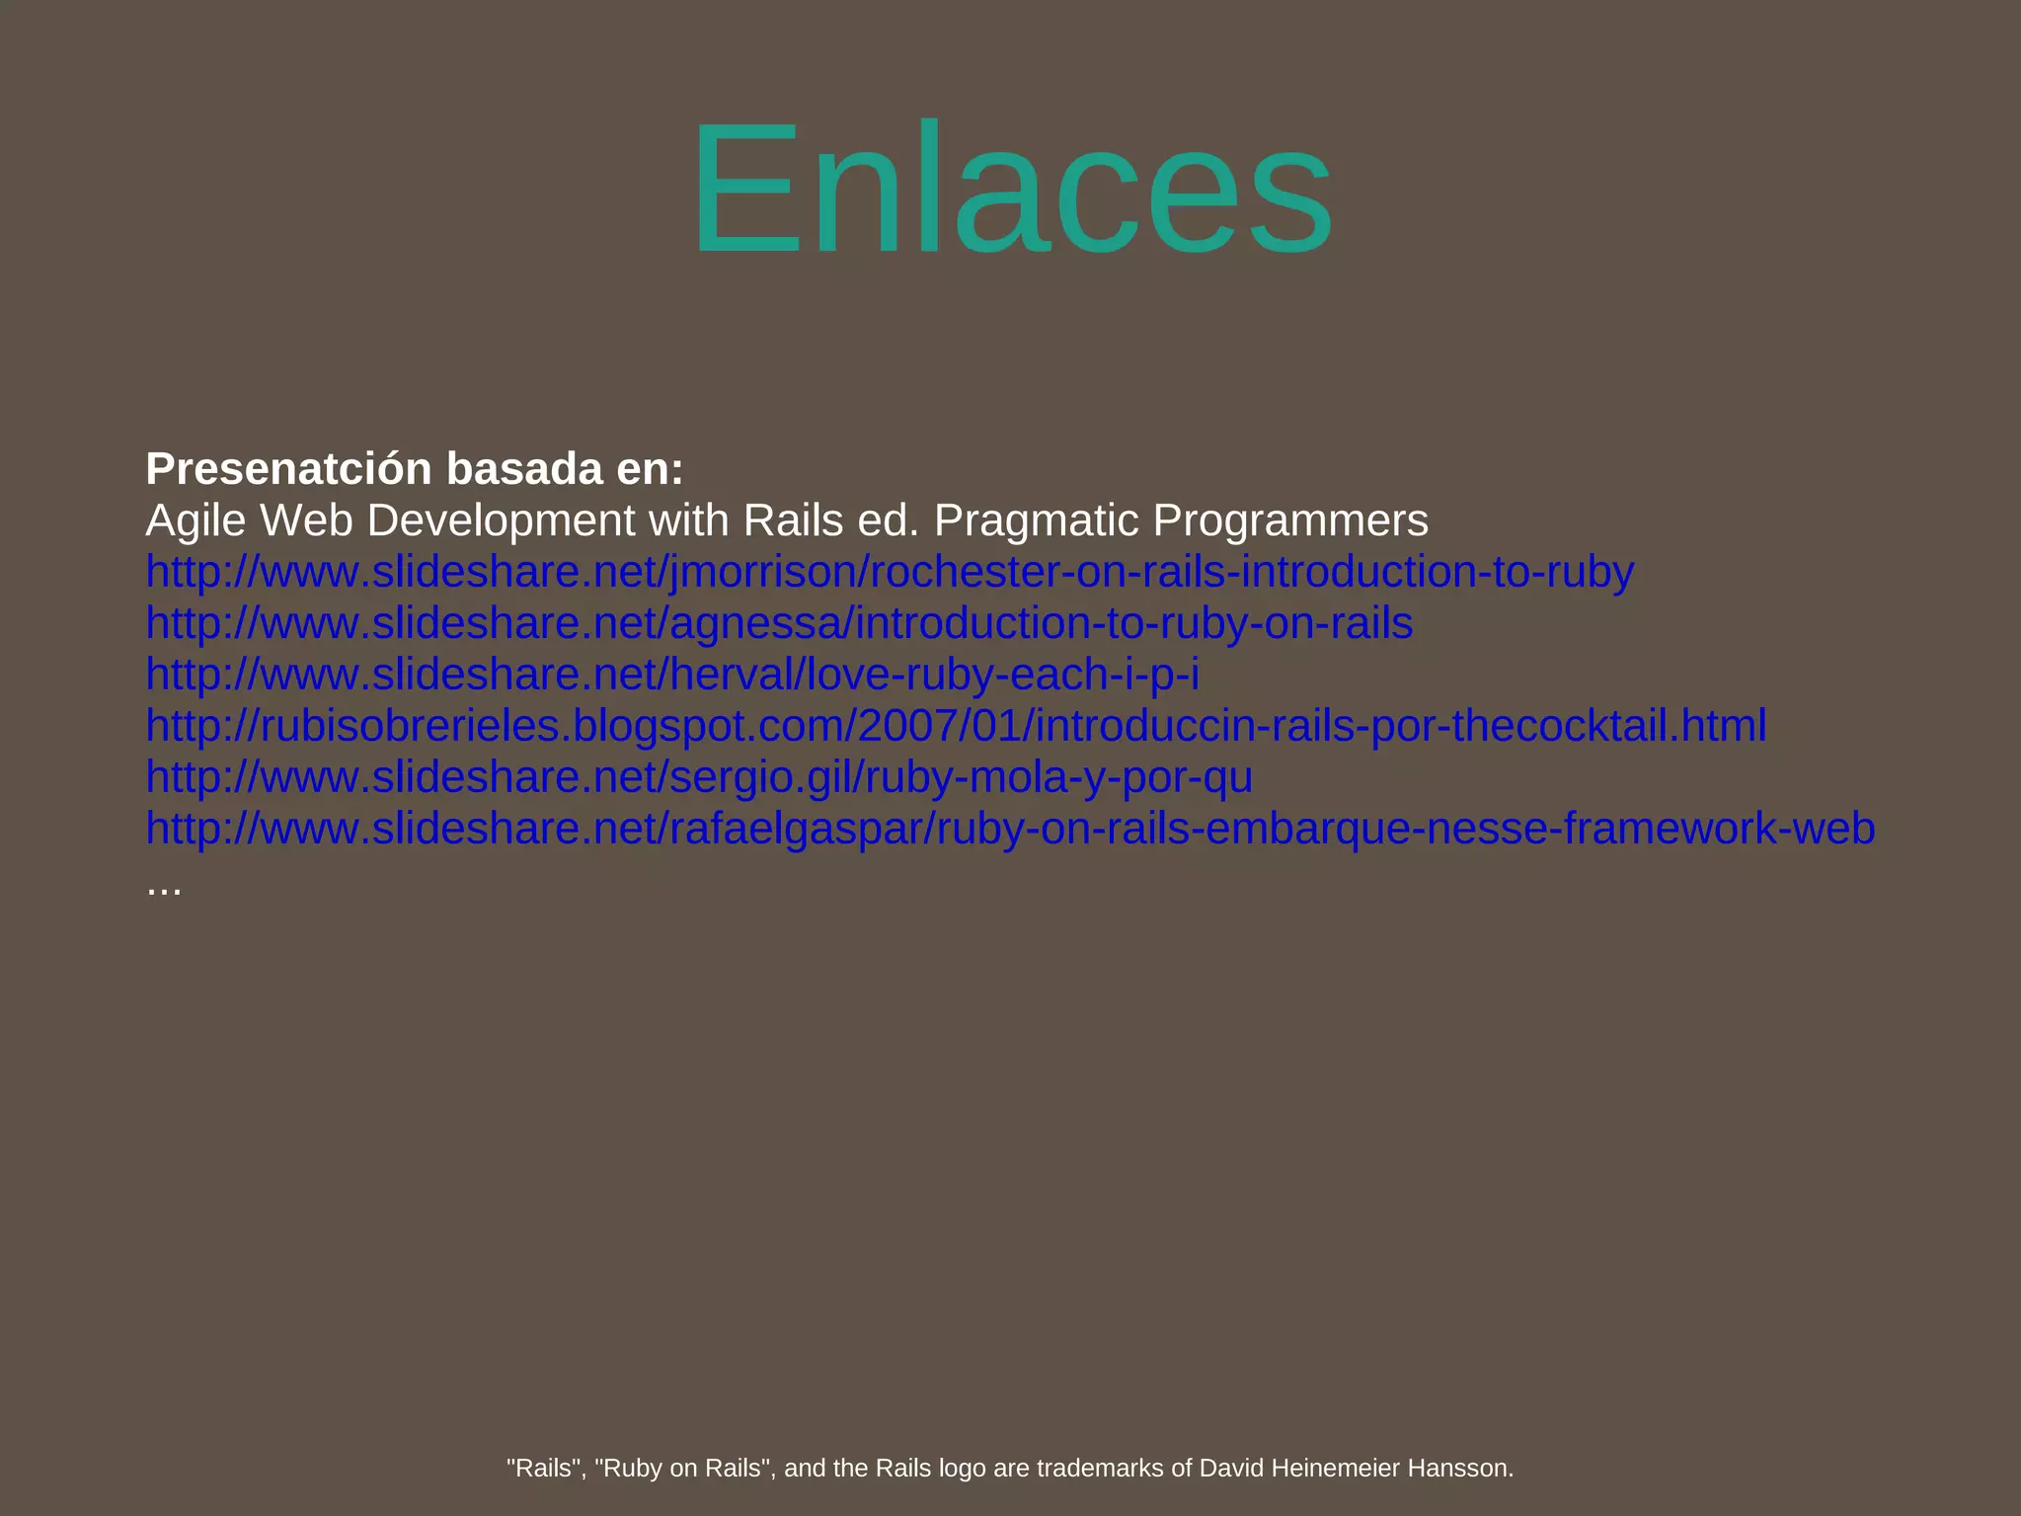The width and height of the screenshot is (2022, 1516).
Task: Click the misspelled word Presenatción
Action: [x=288, y=469]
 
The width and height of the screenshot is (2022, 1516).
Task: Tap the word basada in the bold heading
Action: [x=524, y=469]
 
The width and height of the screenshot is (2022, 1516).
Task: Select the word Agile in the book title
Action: [x=195, y=520]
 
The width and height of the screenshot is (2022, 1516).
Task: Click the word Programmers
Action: [x=1290, y=520]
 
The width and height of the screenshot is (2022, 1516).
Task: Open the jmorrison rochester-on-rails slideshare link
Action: [x=889, y=572]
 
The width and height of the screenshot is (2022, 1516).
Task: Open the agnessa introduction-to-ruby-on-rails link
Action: [x=779, y=623]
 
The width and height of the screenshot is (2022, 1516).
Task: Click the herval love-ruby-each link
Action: [x=671, y=675]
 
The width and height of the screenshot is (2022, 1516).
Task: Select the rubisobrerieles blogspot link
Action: [x=955, y=726]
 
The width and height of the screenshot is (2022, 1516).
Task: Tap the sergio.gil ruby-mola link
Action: [x=698, y=777]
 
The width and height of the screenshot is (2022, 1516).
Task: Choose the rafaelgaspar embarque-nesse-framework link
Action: [x=1009, y=829]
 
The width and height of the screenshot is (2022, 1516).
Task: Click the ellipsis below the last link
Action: [x=164, y=886]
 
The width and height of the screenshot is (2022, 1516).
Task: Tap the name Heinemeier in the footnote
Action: [x=1336, y=1468]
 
